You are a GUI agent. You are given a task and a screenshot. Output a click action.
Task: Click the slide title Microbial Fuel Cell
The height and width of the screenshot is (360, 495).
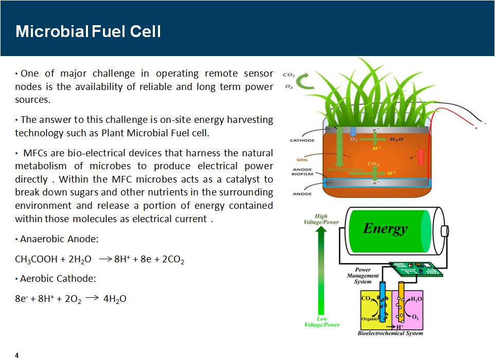(x=88, y=31)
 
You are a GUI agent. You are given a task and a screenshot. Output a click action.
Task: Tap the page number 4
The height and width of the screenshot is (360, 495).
(x=17, y=355)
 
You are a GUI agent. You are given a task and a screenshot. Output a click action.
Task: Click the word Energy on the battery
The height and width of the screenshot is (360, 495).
(x=385, y=229)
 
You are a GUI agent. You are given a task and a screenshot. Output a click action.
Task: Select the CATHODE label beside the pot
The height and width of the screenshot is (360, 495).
(x=302, y=140)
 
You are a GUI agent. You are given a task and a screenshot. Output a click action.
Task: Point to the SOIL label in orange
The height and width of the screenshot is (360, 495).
(x=302, y=159)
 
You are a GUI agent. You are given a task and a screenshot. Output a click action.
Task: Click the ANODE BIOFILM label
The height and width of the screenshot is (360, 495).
(x=302, y=172)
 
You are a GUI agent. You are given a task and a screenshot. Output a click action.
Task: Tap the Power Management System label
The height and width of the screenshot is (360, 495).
(x=363, y=276)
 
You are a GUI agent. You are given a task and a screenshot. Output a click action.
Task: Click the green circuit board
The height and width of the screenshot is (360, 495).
(x=416, y=268)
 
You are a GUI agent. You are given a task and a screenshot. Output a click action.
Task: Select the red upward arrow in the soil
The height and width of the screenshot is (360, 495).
(x=421, y=157)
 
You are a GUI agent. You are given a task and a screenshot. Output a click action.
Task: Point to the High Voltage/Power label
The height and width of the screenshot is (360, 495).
(x=321, y=219)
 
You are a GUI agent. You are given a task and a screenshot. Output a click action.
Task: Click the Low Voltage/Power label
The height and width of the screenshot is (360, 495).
(x=322, y=321)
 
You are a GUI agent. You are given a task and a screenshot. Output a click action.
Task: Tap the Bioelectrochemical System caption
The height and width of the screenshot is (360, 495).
(x=390, y=333)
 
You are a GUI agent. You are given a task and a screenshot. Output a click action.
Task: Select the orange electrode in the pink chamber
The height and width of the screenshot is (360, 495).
(x=401, y=302)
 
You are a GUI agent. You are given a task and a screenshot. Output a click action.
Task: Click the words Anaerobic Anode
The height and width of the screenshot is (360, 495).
(x=59, y=239)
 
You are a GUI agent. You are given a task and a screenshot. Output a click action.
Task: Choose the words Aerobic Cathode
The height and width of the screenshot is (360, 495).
(x=58, y=279)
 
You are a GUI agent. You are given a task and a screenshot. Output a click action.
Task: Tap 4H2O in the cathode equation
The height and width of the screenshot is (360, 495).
(x=115, y=299)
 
